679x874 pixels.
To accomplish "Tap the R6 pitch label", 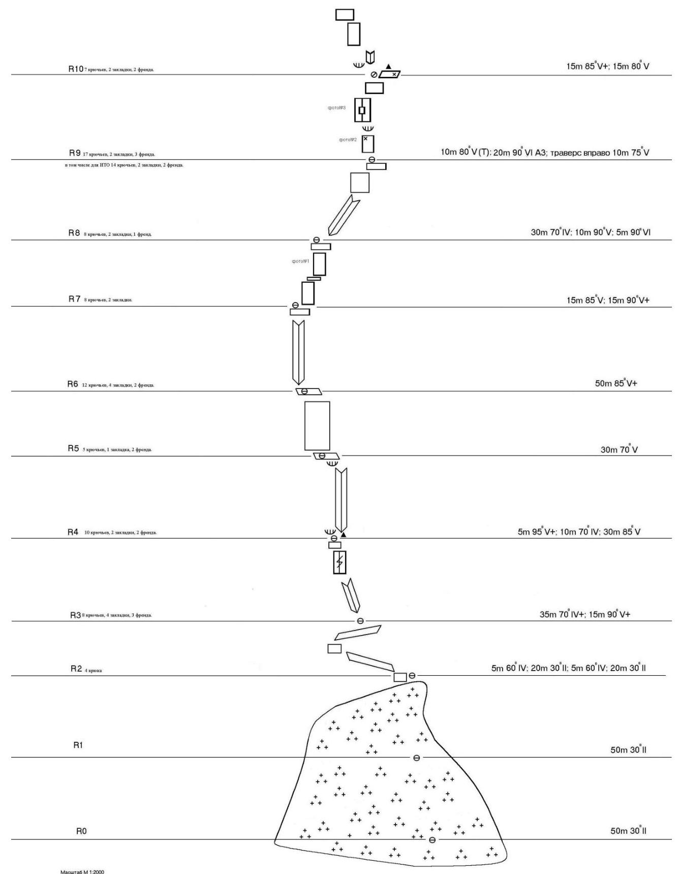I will coord(73,384).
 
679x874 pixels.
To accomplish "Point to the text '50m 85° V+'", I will coord(616,383).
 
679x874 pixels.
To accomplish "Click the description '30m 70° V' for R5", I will coord(619,449).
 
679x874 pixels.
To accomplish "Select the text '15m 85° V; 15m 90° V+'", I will coord(608,300).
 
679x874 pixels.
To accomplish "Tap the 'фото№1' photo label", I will coord(300,261).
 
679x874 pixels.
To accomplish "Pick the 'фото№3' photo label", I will coord(336,108).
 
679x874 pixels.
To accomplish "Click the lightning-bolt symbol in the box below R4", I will coord(339,562).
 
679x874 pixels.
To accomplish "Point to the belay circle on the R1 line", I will coord(417,758).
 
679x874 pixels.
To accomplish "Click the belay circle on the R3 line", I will coord(360,621).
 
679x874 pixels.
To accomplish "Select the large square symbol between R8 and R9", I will coord(360,183).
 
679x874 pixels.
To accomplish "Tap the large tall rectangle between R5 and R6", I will coord(317,426).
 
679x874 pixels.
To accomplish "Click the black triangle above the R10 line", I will coord(389,66).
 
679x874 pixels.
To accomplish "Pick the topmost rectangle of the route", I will coord(345,14).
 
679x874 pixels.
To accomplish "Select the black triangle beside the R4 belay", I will coord(343,534).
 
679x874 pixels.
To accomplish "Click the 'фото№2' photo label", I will coord(348,139).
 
